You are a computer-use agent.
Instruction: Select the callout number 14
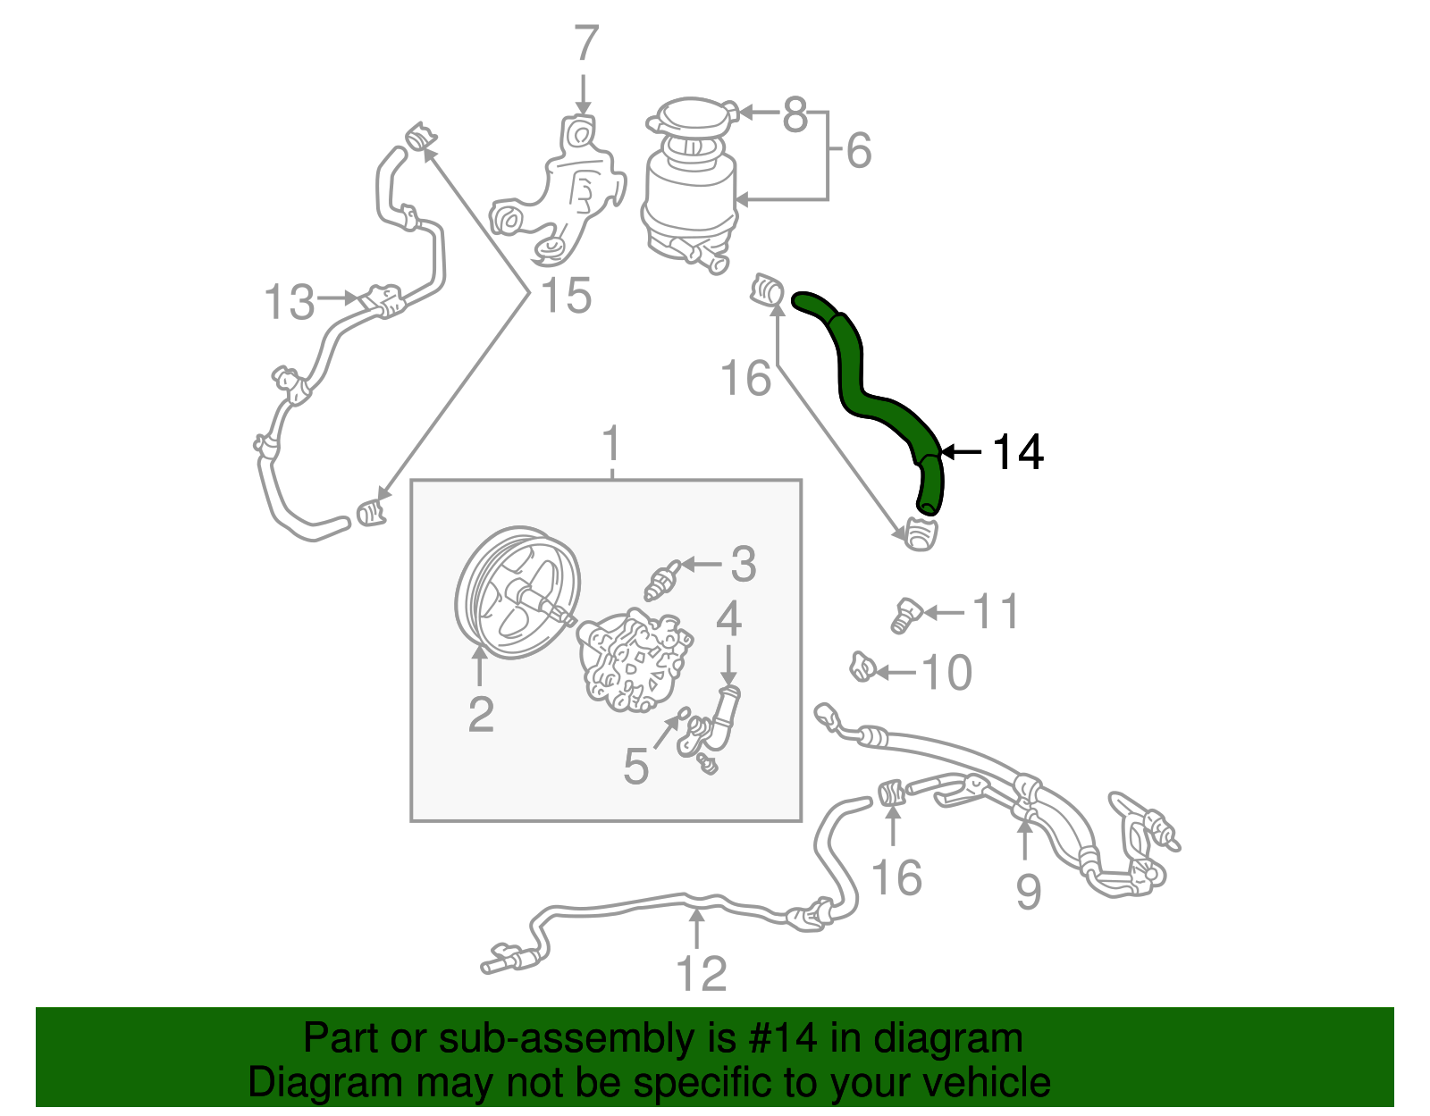1018,452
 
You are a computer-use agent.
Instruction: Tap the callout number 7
585,44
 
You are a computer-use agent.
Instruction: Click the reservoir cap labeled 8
692,120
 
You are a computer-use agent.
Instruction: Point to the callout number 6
858,150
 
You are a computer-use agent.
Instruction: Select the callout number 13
290,302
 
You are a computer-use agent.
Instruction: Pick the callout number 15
567,296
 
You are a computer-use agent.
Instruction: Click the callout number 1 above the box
612,443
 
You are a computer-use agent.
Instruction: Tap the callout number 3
743,565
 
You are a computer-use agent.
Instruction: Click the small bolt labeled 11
905,615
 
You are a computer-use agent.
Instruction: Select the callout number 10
946,673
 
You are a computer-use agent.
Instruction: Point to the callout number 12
702,973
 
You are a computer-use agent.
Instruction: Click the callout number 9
1028,891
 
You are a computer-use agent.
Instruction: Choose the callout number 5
635,767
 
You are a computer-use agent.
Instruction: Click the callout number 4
728,618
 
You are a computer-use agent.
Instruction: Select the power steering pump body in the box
633,661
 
